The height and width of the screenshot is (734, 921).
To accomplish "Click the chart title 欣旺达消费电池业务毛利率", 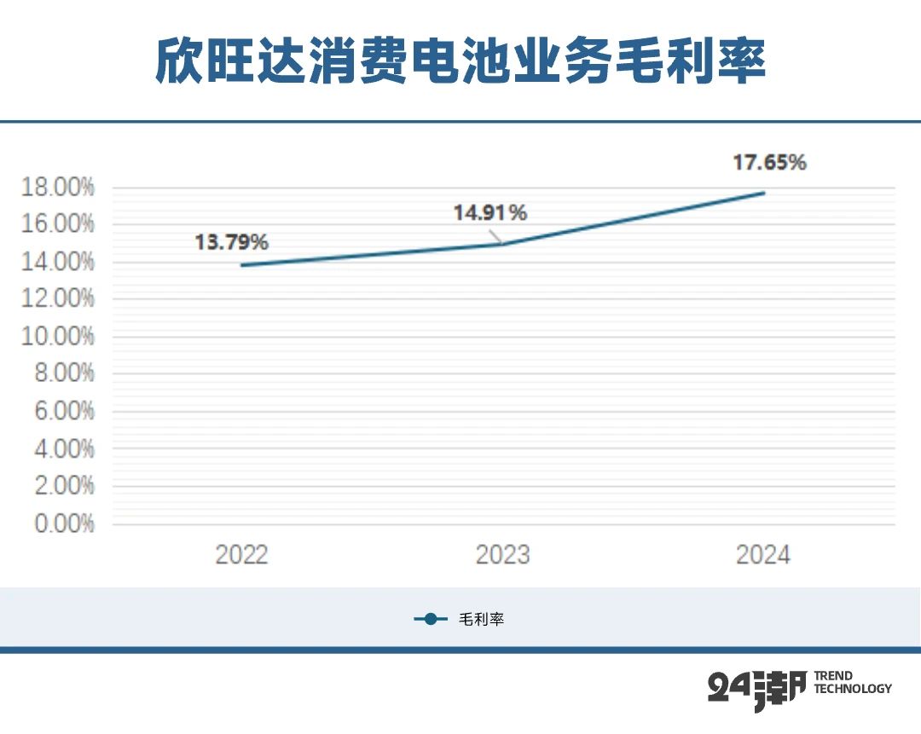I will pos(460,61).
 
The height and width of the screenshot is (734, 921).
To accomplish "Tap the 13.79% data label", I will pos(231,243).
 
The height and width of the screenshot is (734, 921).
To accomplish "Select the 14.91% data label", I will pos(489,213).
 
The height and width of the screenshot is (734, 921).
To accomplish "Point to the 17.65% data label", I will pos(769,163).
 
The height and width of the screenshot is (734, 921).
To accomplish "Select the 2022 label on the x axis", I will pos(241,555).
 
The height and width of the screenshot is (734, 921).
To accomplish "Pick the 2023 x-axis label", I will pos(502,555).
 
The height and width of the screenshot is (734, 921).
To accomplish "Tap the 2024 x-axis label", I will pos(763,555).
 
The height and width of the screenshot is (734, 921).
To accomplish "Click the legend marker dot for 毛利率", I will pos(431,620).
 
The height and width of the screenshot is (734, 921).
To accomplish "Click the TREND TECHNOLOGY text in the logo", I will pos(852,682).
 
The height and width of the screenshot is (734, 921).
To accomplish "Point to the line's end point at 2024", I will pos(764,193).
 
